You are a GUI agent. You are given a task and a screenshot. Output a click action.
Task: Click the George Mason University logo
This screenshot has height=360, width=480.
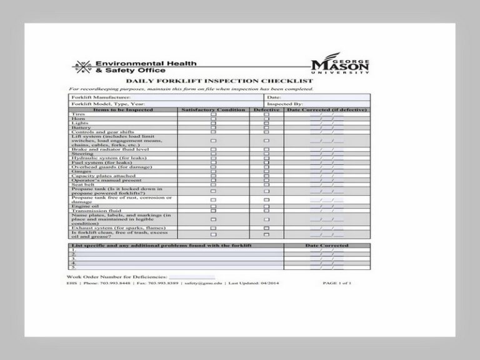pyautogui.click(x=340, y=66)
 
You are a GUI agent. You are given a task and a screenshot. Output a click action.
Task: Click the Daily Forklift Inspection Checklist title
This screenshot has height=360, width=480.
pyautogui.click(x=219, y=81)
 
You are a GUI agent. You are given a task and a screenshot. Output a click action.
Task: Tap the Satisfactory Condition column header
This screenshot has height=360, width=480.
pyautogui.click(x=213, y=110)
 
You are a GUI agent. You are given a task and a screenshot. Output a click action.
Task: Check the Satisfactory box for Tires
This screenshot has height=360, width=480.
pyautogui.click(x=213, y=115)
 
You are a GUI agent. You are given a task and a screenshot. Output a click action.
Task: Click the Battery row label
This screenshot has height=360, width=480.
pyautogui.click(x=81, y=128)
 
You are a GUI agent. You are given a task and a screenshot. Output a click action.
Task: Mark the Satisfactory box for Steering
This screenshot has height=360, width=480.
pyautogui.click(x=213, y=154)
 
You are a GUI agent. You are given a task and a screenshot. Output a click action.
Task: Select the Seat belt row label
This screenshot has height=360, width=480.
pyautogui.click(x=83, y=184)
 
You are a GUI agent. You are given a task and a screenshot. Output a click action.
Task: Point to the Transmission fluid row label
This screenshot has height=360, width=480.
pyautogui.click(x=91, y=211)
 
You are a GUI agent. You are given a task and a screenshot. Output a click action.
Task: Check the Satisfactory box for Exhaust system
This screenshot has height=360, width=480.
pyautogui.click(x=213, y=228)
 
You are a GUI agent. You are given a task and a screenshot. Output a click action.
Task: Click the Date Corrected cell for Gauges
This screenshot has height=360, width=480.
pyautogui.click(x=327, y=171)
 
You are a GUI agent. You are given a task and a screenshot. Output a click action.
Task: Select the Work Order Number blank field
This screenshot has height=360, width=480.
pyautogui.click(x=192, y=276)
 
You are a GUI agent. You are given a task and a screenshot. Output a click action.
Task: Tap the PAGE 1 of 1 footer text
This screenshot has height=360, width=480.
pyautogui.click(x=337, y=283)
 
